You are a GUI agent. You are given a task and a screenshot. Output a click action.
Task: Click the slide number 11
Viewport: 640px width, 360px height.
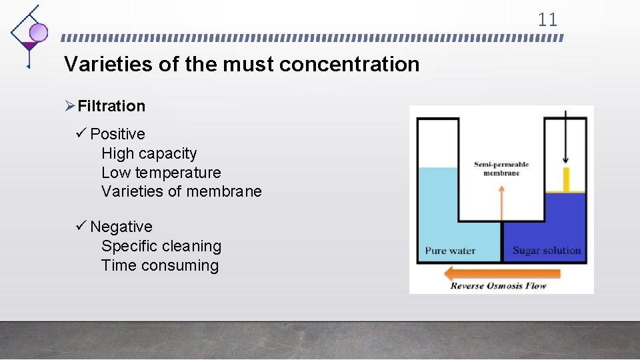(x=547, y=20)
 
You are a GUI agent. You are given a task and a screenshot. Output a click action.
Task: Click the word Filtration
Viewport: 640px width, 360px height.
(x=111, y=106)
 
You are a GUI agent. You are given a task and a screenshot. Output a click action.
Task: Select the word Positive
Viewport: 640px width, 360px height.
(x=117, y=134)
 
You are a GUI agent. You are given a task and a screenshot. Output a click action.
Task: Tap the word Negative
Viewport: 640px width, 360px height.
(x=121, y=227)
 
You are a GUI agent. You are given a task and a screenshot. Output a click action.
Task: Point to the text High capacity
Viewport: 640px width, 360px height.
(x=149, y=153)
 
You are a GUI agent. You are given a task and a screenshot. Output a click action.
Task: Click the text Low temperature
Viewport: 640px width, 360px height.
(x=161, y=173)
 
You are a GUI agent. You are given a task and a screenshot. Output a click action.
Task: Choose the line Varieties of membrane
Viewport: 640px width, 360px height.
(x=181, y=192)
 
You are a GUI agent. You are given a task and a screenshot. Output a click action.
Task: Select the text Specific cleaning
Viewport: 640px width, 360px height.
(x=161, y=246)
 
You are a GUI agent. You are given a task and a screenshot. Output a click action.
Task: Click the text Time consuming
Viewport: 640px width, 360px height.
(x=160, y=265)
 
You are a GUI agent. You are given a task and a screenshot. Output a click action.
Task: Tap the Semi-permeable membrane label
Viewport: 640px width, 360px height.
(x=501, y=169)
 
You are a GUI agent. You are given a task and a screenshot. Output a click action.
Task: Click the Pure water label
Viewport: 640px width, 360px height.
(x=450, y=251)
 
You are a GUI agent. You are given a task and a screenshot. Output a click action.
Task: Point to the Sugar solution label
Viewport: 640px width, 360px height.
(x=547, y=251)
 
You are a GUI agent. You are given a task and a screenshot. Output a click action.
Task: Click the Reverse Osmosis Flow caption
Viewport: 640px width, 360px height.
(x=498, y=286)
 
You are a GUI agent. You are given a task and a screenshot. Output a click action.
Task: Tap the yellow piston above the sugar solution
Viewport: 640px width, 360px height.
(x=566, y=179)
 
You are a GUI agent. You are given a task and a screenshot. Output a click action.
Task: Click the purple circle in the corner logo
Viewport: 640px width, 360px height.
(x=39, y=32)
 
